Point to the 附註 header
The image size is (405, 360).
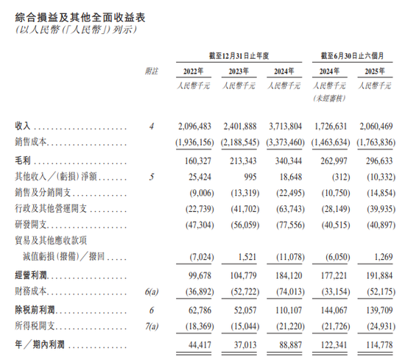pos(151,71)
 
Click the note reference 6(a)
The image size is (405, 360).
pos(151,293)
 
